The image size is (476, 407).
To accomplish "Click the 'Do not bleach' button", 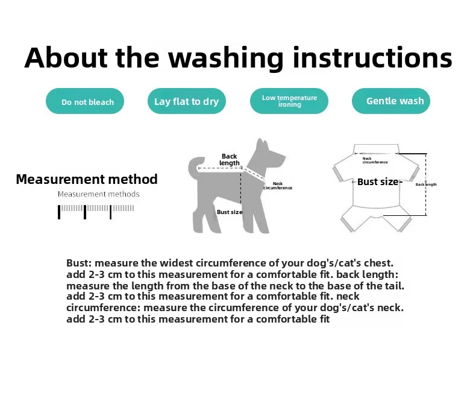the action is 85,101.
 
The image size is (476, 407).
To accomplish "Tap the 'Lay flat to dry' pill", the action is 187,101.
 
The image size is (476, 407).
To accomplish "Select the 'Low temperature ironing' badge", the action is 289,101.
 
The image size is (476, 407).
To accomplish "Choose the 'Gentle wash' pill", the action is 391,101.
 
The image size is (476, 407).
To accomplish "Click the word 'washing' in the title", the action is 226,59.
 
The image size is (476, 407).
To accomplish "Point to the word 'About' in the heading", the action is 66,57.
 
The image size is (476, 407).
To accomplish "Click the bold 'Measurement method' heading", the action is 87,179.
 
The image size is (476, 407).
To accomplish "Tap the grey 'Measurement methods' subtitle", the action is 98,194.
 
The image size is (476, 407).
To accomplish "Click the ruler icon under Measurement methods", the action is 96,212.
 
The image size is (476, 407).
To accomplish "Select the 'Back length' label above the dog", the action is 229,159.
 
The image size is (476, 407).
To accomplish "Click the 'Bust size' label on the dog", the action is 230,212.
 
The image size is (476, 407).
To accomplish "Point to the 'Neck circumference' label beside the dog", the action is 277,186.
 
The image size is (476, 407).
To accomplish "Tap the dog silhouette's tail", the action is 195,166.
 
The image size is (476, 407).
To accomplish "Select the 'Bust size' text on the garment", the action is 378,181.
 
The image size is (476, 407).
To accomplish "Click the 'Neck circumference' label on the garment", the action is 375,160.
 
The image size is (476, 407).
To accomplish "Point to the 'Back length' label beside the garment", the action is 426,185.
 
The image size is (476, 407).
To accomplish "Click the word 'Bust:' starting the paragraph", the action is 79,263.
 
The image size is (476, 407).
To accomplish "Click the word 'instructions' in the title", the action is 372,57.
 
